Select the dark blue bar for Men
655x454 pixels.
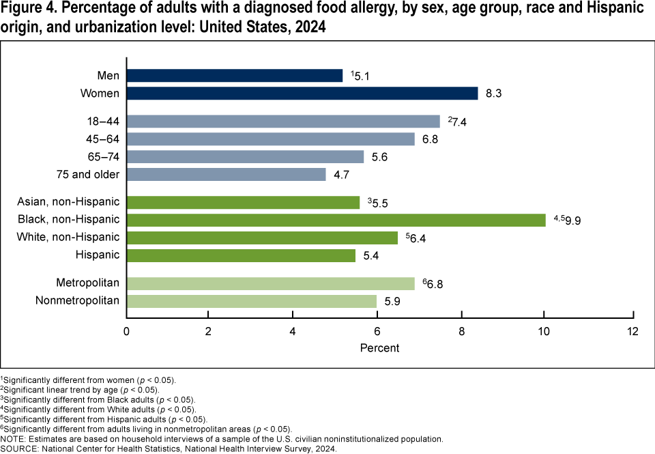pyautogui.click(x=234, y=75)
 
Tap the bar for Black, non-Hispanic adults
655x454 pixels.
pyautogui.click(x=336, y=220)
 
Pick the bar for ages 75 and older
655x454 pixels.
pyautogui.click(x=226, y=174)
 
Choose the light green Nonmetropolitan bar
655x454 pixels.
pyautogui.click(x=251, y=301)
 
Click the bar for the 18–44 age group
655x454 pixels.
pyautogui.click(x=282, y=122)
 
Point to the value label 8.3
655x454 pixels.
pyautogui.click(x=494, y=94)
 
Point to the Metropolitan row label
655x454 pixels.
pyautogui.click(x=88, y=283)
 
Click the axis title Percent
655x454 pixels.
pyautogui.click(x=379, y=347)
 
